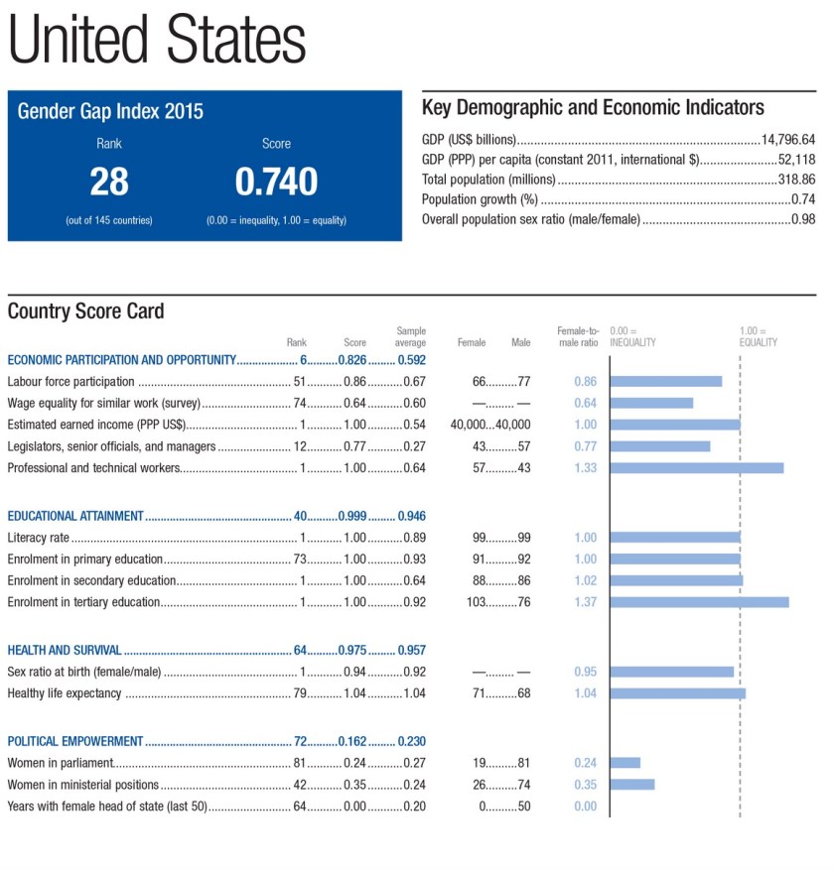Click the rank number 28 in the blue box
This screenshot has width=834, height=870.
click(x=109, y=182)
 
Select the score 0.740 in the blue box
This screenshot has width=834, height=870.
click(x=276, y=182)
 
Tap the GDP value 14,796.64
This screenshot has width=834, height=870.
click(x=787, y=139)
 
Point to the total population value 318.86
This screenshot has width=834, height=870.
click(x=796, y=181)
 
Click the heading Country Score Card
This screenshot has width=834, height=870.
click(x=85, y=311)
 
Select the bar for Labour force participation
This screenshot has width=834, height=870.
click(x=666, y=381)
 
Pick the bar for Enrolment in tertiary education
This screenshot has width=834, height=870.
click(x=699, y=601)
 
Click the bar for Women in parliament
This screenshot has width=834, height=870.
click(x=625, y=763)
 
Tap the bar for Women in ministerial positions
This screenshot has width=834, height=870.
click(x=632, y=785)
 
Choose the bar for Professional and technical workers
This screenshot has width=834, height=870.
click(x=697, y=467)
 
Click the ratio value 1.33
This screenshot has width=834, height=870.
click(x=585, y=468)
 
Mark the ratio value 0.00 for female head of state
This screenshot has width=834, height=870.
click(x=585, y=807)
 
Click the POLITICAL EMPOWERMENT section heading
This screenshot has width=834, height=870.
click(x=75, y=741)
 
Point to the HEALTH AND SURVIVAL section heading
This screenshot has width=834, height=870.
click(x=65, y=650)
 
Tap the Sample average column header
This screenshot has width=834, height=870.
click(x=410, y=336)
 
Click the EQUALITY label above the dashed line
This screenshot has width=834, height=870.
click(x=758, y=342)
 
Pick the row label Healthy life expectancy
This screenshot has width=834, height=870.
click(x=65, y=693)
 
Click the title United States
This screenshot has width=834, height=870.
click(x=157, y=41)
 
